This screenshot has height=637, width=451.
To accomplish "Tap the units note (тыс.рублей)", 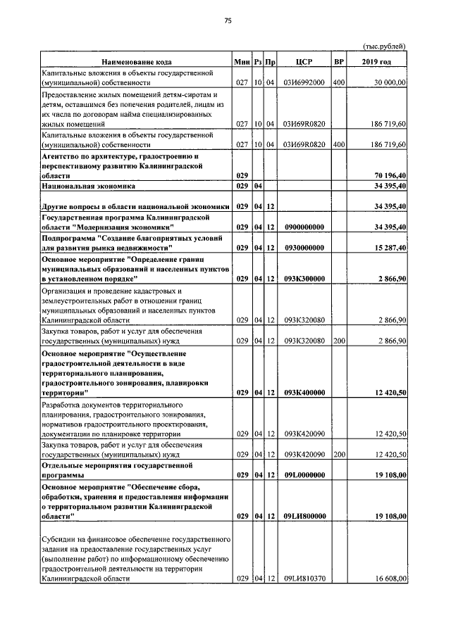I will [x=385, y=46].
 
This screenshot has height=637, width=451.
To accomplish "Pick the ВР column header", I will [x=338, y=62].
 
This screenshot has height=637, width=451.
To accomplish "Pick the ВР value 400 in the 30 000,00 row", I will [x=338, y=83].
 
